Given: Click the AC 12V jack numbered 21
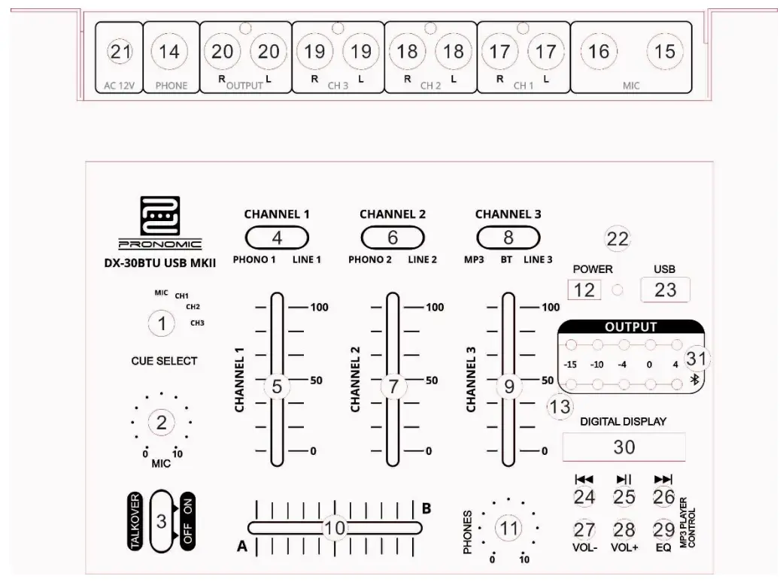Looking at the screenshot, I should (x=120, y=52).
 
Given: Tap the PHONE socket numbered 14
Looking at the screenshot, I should (x=170, y=52).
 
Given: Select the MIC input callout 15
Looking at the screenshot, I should (x=665, y=52).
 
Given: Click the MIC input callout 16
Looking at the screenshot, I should (x=599, y=52).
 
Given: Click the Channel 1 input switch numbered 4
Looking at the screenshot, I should (x=277, y=238).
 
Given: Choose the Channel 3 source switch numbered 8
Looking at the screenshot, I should (x=508, y=238).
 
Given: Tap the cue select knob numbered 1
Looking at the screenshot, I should (x=161, y=324).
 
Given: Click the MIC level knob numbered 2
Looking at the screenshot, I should (x=161, y=423).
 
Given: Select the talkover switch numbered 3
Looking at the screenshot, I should (x=161, y=520).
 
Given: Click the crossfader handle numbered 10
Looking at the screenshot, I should (x=333, y=528).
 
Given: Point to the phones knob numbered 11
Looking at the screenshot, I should (x=510, y=529).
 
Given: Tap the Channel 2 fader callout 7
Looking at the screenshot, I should (x=393, y=387).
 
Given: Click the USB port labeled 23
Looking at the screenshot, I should (x=665, y=289).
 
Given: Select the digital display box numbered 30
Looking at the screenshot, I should (x=624, y=447).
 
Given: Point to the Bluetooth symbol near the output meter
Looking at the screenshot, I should (x=695, y=381).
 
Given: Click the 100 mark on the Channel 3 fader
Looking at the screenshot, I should (x=551, y=308).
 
